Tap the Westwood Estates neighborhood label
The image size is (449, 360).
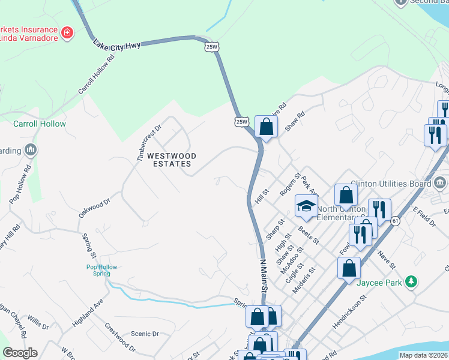click(x=172, y=159)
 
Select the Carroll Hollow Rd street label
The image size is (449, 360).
click(x=96, y=76)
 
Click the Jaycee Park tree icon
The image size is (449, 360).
click(x=411, y=281)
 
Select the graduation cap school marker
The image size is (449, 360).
click(x=306, y=206)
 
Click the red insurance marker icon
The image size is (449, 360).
click(x=67, y=32)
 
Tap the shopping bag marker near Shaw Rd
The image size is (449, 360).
click(x=266, y=127)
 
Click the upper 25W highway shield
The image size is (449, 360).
click(x=211, y=47)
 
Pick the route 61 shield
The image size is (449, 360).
click(x=396, y=221)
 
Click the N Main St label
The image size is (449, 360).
click(x=262, y=275)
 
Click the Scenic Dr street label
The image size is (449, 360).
click(x=145, y=334)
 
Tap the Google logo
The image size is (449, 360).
click(x=20, y=353)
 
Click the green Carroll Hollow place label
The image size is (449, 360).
click(x=40, y=124)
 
